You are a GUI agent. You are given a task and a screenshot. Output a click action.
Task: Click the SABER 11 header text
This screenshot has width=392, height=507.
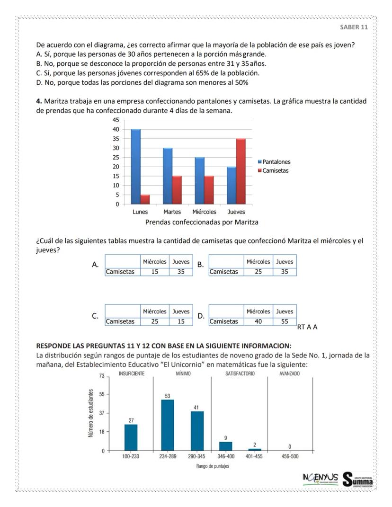point(354,27)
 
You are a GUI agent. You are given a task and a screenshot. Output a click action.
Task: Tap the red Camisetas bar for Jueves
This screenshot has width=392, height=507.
point(241,171)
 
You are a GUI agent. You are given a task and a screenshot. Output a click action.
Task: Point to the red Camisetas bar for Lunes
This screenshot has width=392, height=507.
point(145,199)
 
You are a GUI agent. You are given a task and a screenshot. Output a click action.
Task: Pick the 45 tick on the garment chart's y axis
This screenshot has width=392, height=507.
point(115,120)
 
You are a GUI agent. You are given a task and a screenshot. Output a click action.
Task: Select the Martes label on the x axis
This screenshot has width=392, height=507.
point(172,212)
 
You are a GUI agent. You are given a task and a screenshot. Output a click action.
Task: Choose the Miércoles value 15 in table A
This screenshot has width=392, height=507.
point(154,272)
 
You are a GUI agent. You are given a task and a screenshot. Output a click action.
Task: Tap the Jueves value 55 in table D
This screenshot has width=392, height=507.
point(285,322)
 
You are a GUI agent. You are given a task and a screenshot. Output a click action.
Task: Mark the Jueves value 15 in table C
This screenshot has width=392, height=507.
point(181,322)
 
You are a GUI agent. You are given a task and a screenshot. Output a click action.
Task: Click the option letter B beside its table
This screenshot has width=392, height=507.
point(200,265)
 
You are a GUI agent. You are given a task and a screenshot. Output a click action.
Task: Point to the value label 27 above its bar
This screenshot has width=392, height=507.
point(131,420)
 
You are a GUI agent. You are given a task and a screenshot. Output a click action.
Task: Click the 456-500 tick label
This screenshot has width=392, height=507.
point(289,457)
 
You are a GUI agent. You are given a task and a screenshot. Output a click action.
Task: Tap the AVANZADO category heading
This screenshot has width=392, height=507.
point(289,374)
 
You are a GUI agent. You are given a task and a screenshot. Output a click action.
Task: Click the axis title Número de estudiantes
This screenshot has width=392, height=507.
point(90,413)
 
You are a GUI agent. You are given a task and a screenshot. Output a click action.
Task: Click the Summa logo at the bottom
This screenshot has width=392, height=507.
point(358,479)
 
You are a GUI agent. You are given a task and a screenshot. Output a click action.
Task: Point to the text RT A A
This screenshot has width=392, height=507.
point(307,327)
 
